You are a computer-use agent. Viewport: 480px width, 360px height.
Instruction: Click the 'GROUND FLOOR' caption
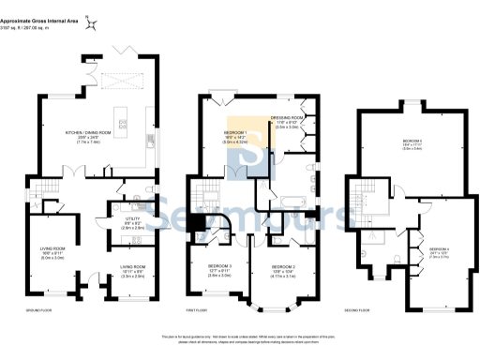[x=38, y=308]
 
